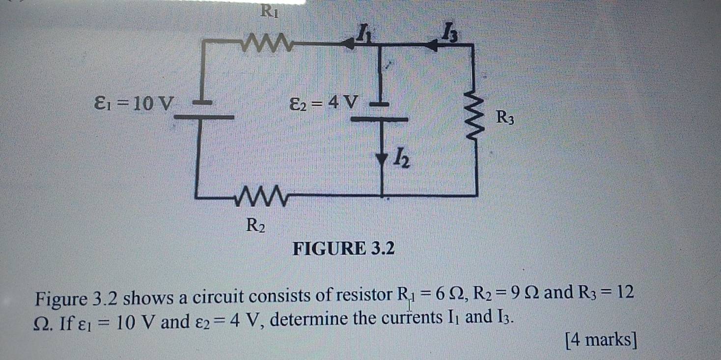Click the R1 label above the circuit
tap(269, 10)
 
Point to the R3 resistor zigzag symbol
tap(475, 118)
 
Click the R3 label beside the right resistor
tap(505, 118)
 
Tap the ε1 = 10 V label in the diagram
tap(134, 104)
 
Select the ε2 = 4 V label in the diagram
tap(324, 103)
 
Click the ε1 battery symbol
tap(203, 111)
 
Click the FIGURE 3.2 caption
tap(343, 249)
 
